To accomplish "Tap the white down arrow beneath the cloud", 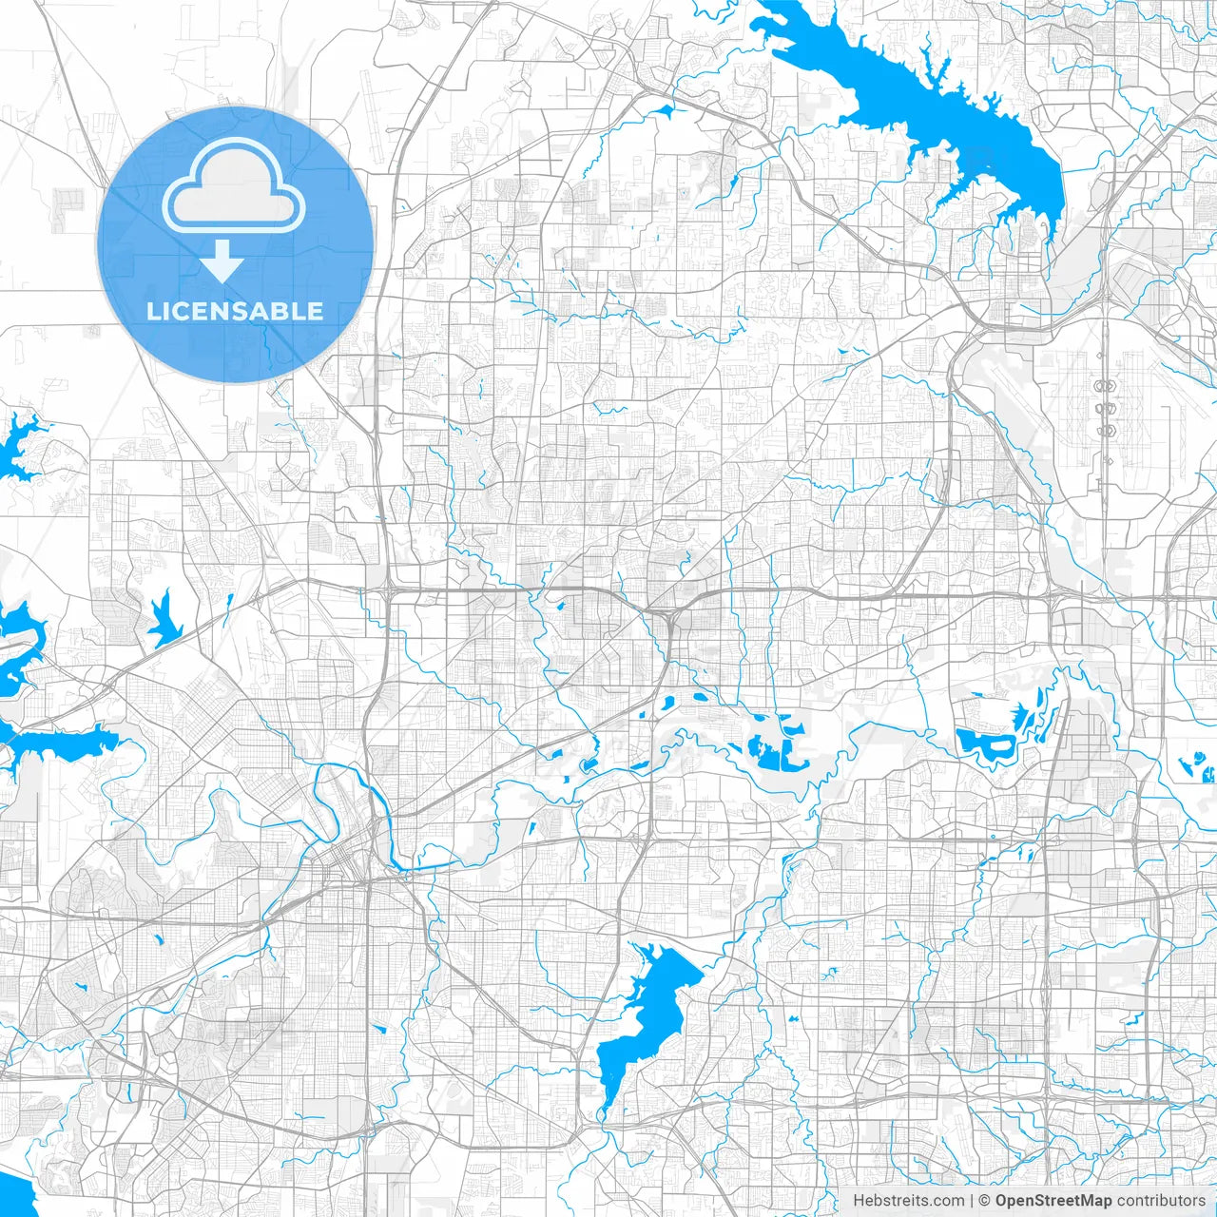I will pyautogui.click(x=222, y=261).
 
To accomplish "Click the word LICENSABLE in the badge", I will pyautogui.click(x=235, y=311).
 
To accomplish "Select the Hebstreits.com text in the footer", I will pyautogui.click(x=908, y=1201).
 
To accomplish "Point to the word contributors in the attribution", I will pyautogui.click(x=1160, y=1201).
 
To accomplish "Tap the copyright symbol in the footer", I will pyautogui.click(x=985, y=1201).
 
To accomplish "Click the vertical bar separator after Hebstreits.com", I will pyautogui.click(x=972, y=1201).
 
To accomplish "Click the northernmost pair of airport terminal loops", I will pyautogui.click(x=1106, y=386).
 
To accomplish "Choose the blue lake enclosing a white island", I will pyautogui.click(x=989, y=746).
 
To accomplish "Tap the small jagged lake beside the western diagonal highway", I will pyautogui.click(x=165, y=620).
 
